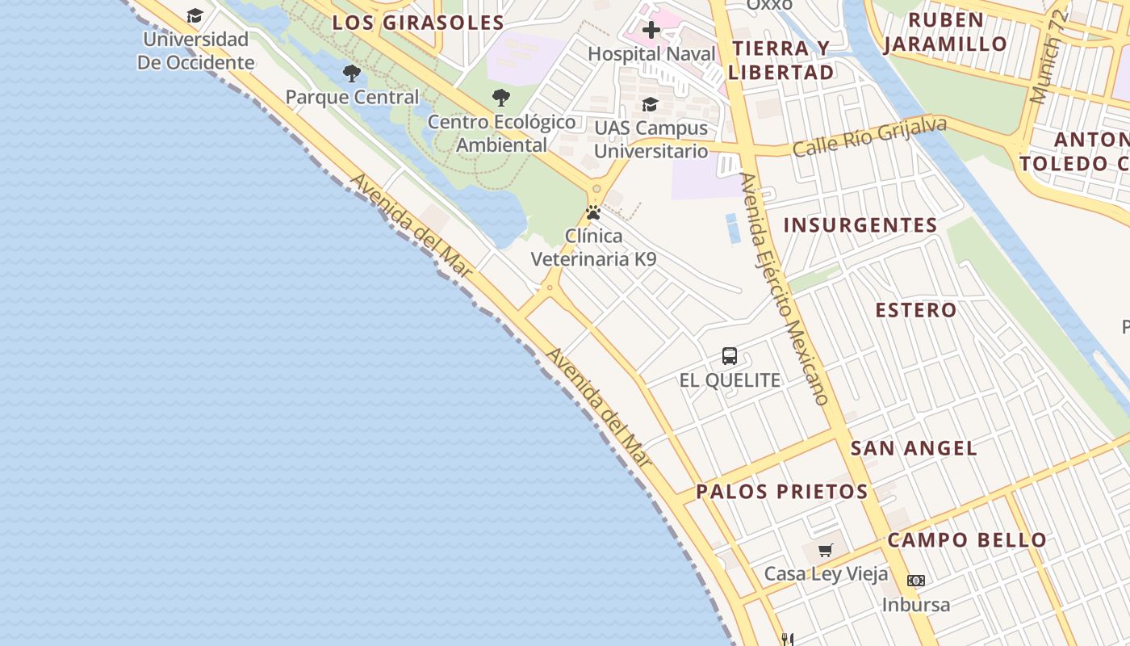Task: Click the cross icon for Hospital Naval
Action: tap(651, 31)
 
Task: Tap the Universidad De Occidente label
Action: tap(195, 51)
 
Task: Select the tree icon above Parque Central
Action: tap(351, 73)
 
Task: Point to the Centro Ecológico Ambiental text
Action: tap(501, 133)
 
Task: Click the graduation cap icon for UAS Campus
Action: tap(650, 104)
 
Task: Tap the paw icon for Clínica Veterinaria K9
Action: tap(593, 212)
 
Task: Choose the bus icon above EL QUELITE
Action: tap(730, 355)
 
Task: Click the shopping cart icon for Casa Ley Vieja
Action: tap(825, 550)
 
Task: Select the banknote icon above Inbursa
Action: tap(915, 580)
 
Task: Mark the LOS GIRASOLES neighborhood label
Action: tap(418, 23)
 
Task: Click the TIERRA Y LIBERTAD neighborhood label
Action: tap(781, 60)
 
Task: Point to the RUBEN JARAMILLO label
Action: tap(945, 31)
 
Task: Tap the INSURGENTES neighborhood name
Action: tap(860, 224)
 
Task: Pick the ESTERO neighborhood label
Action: tap(916, 310)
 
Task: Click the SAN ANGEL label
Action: tap(914, 448)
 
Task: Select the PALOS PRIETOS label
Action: tap(781, 491)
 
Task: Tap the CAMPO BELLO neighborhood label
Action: tap(967, 540)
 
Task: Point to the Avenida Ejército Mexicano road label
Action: tap(785, 288)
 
